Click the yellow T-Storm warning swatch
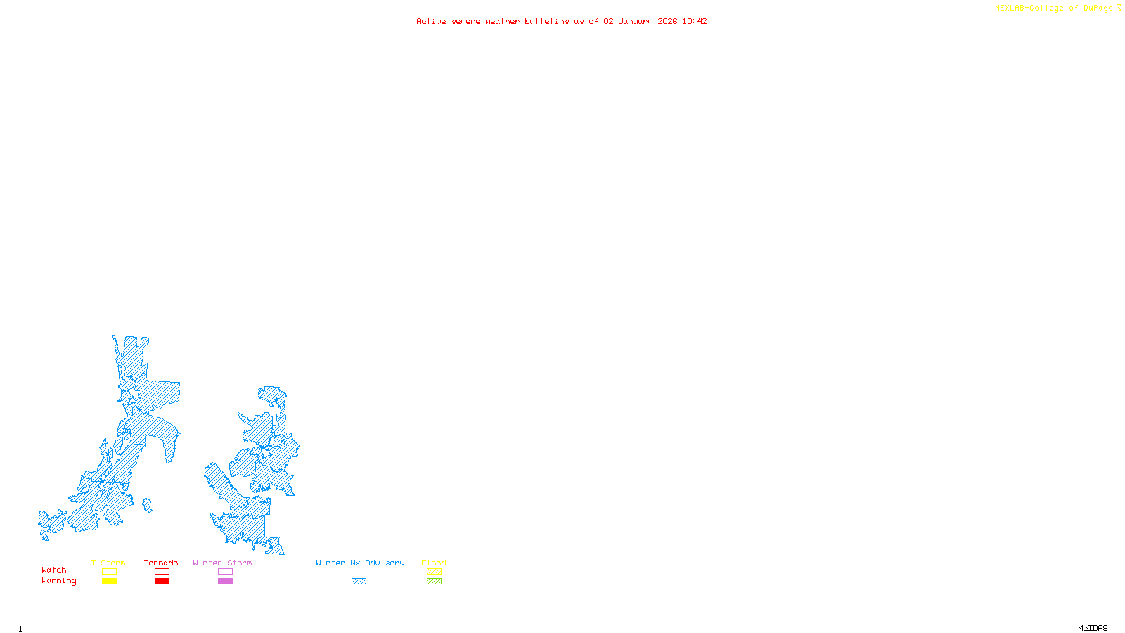[x=109, y=582]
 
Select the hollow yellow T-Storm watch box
[x=109, y=572]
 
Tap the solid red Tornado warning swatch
[x=162, y=582]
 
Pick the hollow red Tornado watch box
[x=162, y=572]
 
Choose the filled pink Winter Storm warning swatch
[x=225, y=582]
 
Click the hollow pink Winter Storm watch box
[x=225, y=572]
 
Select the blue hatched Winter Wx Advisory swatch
[x=359, y=582]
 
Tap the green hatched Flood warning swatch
[x=434, y=582]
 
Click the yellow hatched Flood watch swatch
[x=434, y=572]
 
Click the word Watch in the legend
[x=54, y=570]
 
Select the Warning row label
[x=58, y=581]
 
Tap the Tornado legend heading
[x=161, y=563]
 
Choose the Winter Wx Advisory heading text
[x=360, y=563]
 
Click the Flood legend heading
[x=434, y=563]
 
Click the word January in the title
[x=636, y=21]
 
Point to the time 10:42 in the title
[x=695, y=21]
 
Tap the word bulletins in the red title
[x=547, y=21]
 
